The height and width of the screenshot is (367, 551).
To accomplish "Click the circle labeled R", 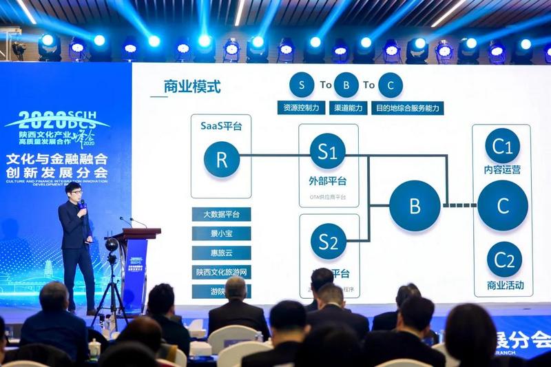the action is [221, 159].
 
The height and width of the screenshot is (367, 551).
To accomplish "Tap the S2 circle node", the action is [328, 242].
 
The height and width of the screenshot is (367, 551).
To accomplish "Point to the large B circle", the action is [415, 205].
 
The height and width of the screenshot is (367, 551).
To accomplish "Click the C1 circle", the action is [503, 146].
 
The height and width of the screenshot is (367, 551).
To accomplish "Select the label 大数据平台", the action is [221, 214].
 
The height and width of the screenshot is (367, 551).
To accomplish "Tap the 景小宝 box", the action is [221, 233].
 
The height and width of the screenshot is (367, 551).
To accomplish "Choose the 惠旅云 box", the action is [221, 253].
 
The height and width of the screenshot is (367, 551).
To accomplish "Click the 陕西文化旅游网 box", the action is [221, 272].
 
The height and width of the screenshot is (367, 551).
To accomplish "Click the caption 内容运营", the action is [503, 169].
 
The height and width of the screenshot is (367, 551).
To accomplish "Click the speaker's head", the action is [74, 190].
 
